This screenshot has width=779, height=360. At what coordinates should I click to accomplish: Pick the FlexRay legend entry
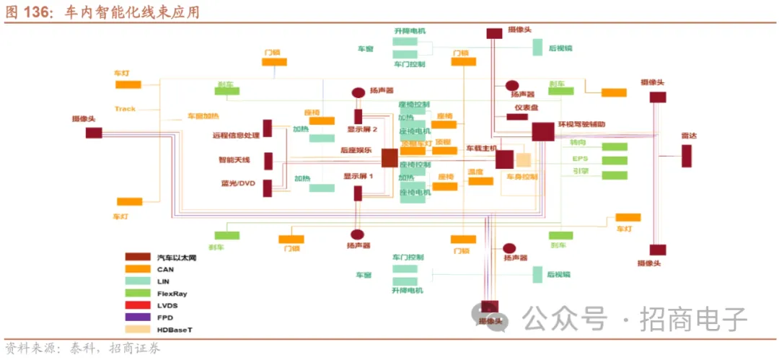(171, 293)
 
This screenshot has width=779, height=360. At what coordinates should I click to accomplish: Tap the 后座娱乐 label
(356, 150)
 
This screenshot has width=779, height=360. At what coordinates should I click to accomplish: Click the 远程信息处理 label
(235, 135)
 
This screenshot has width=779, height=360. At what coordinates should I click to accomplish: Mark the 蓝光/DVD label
(238, 183)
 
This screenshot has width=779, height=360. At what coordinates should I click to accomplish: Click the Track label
(125, 109)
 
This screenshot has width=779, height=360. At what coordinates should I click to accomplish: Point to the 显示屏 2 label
(363, 130)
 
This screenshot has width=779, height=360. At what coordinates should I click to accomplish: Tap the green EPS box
(615, 160)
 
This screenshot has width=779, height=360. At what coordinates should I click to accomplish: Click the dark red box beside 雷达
(687, 156)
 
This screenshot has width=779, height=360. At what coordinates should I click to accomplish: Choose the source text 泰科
(80, 349)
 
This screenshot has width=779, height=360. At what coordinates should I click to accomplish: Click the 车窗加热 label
(203, 116)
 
